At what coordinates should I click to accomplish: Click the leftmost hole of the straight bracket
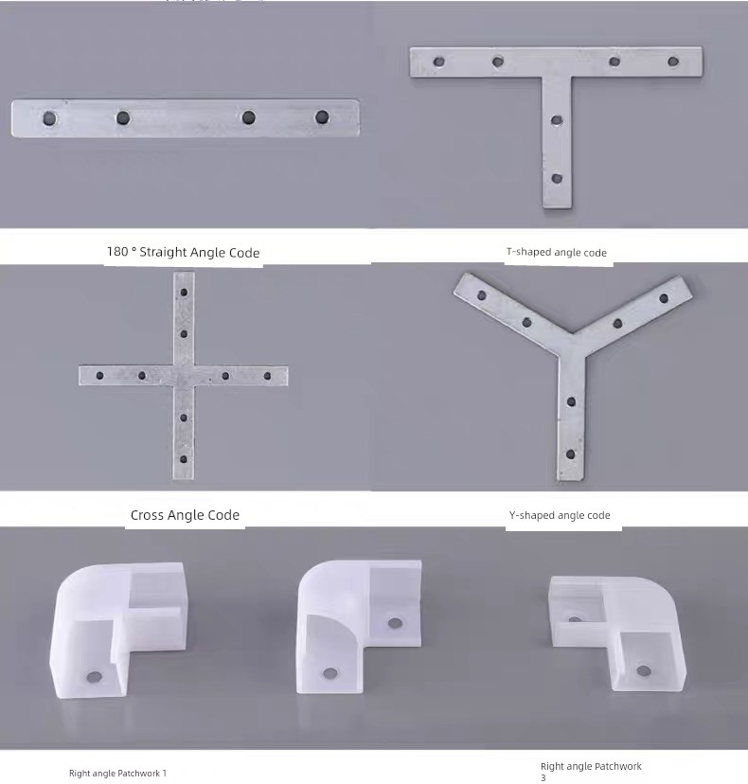click(x=49, y=119)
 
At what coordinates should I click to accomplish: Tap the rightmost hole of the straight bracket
click(x=322, y=117)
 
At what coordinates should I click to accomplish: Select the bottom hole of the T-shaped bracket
click(x=557, y=179)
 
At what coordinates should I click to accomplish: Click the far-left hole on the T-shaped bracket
click(x=439, y=62)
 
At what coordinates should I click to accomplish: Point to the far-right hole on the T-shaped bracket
click(x=673, y=62)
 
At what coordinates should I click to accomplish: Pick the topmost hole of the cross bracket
click(x=184, y=293)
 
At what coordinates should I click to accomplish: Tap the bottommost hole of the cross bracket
click(x=184, y=459)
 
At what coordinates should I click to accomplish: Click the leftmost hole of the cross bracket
click(x=100, y=376)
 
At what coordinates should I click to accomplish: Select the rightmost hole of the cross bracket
click(x=268, y=376)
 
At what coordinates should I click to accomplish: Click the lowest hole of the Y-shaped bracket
click(x=571, y=454)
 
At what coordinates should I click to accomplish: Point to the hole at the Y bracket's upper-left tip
click(x=482, y=295)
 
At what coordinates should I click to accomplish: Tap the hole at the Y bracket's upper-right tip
click(x=664, y=298)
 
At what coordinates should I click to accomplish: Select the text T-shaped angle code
click(x=557, y=253)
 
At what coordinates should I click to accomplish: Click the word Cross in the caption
click(x=148, y=515)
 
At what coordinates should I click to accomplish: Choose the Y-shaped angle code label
click(x=560, y=515)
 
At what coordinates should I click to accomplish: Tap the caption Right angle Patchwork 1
click(x=117, y=774)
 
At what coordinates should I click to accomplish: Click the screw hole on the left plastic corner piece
click(x=94, y=678)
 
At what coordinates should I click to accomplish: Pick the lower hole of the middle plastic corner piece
click(x=330, y=673)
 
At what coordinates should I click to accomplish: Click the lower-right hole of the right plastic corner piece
click(x=644, y=670)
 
